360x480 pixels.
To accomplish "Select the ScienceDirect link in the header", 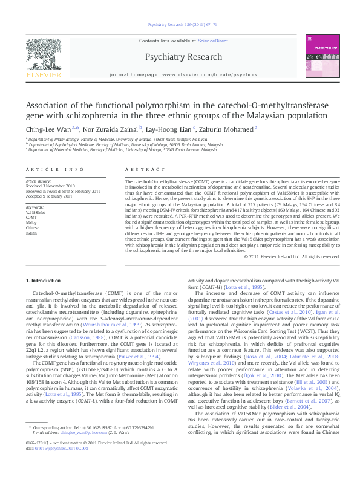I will [x=215, y=40].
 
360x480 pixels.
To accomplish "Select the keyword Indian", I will [x=31, y=233].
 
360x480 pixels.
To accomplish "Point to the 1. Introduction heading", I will [x=44, y=281].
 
